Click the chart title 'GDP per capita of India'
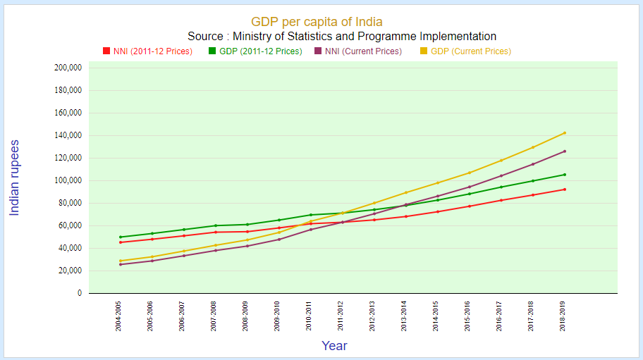[317, 23]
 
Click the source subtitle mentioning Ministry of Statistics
[342, 37]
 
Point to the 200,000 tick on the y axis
[68, 68]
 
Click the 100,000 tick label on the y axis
[68, 181]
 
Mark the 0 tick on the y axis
[79, 294]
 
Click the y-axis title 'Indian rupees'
[14, 178]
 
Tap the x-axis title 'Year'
[334, 346]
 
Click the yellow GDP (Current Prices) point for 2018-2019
[564, 133]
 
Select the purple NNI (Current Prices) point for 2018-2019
[564, 151]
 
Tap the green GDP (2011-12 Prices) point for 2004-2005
[121, 237]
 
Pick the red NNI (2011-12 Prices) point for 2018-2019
[564, 190]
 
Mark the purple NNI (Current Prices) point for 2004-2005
[121, 264]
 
